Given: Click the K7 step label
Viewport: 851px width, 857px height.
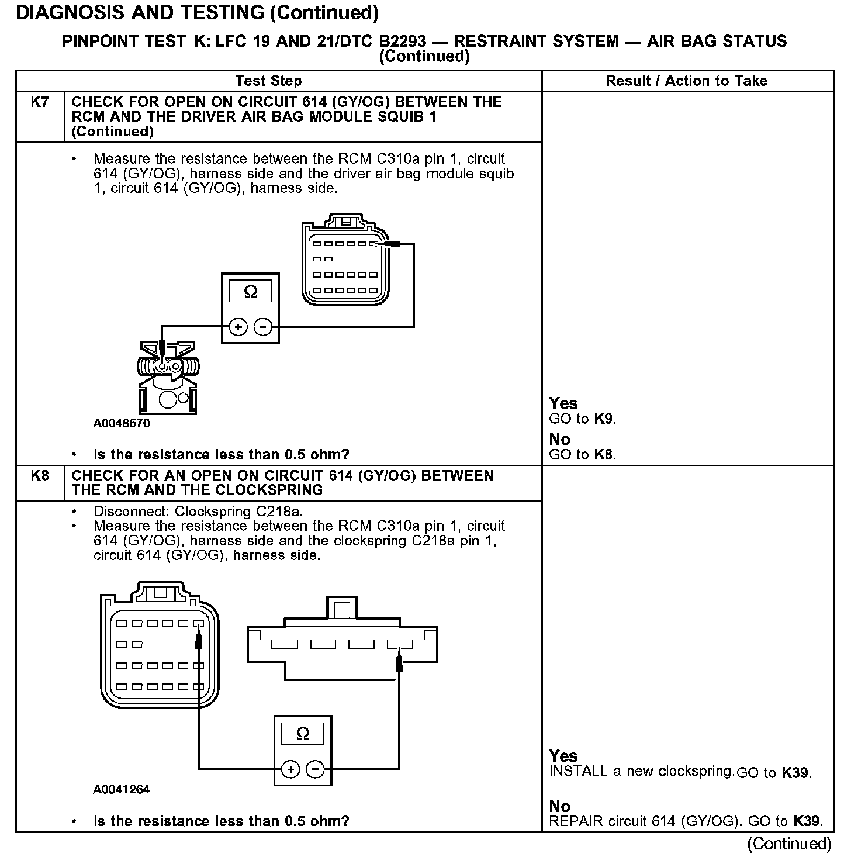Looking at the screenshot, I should (40, 102).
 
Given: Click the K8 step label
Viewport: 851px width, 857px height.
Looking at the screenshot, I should (40, 475).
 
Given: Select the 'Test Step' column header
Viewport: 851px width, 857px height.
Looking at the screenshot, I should (268, 81).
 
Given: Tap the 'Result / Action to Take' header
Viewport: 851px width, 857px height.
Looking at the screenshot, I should (687, 81).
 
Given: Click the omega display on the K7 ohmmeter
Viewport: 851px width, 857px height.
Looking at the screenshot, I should (250, 292).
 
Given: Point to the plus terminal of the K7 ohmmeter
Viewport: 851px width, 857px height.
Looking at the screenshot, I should (238, 327).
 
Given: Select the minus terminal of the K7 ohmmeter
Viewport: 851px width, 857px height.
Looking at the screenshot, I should (264, 327).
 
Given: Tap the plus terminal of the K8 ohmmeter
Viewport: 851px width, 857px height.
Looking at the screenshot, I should (290, 769).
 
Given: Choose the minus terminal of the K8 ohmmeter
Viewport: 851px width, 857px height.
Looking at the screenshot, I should (316, 769).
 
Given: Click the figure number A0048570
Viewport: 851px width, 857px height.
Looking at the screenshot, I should (122, 423).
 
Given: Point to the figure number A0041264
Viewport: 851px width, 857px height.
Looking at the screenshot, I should (122, 789).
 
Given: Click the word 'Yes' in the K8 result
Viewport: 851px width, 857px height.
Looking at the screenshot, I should (563, 756).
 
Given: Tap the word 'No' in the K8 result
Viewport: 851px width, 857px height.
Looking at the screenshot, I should (559, 807).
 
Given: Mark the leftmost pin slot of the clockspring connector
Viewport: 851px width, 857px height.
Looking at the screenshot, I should (284, 645).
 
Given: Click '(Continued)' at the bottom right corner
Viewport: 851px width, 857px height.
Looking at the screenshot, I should (789, 844).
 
